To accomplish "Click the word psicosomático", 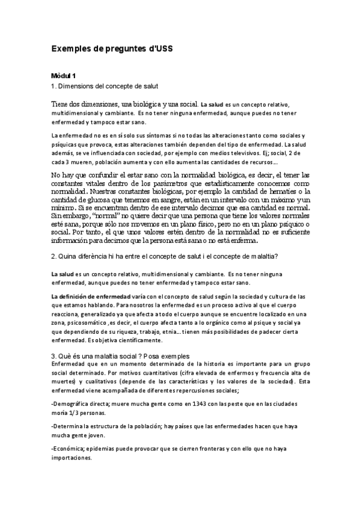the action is (85, 322).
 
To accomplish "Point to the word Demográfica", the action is (74, 404).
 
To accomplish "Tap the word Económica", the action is (71, 448).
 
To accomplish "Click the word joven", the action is (96, 435).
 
